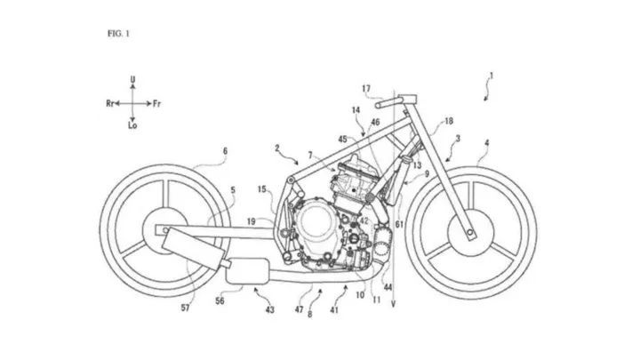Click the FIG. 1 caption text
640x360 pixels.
118,34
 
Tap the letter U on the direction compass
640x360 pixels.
132,79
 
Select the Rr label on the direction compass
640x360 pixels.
110,103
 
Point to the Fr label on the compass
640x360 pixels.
156,104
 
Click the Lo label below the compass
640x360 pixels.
132,125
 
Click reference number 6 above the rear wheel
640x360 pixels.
225,151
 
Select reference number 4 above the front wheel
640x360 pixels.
486,143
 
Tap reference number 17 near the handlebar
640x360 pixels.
366,89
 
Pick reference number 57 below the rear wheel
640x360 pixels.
185,308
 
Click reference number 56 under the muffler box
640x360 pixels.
220,301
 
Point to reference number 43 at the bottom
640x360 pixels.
270,310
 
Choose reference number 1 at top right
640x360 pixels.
492,76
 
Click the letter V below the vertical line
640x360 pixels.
393,304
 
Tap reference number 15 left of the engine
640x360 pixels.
261,189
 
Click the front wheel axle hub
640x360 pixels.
470,233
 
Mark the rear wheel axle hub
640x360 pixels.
165,230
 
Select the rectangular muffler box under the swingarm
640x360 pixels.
247,270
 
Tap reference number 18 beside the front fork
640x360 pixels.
449,121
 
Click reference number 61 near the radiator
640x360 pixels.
399,224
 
